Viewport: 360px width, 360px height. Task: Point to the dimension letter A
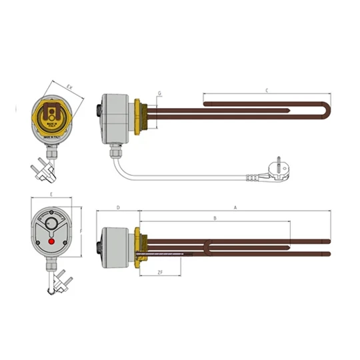[235, 208]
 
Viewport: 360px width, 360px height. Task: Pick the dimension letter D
[118, 208]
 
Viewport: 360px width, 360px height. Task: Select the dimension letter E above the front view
[51, 194]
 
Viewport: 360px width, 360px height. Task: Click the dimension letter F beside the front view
[81, 232]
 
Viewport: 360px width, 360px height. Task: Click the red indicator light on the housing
[52, 242]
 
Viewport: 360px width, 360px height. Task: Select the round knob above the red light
[52, 222]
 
